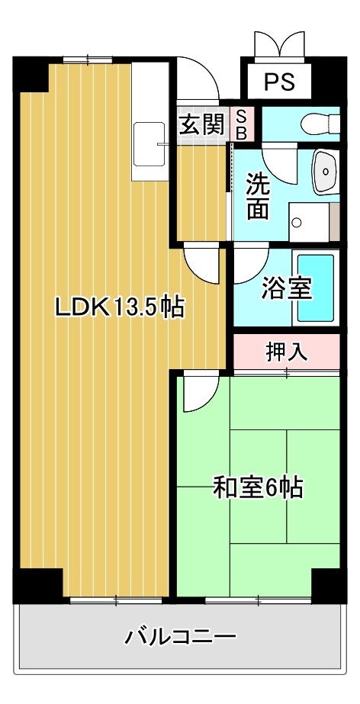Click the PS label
[x=280, y=82]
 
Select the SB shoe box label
[x=240, y=124]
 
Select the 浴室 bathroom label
[x=286, y=288]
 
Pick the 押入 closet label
[x=286, y=352]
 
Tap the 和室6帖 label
[x=258, y=487]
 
